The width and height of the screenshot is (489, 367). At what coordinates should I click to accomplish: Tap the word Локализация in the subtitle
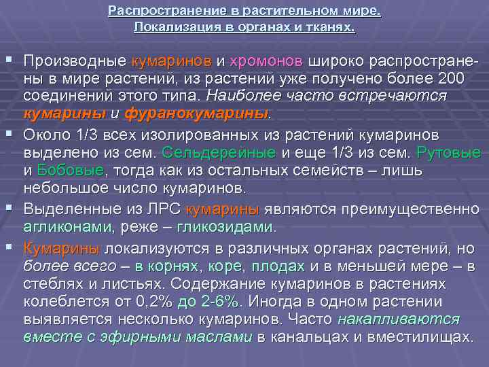point(169,28)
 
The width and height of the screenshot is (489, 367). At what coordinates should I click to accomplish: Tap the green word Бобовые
point(71,169)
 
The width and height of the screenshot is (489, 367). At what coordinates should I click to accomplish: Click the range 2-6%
point(225,302)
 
